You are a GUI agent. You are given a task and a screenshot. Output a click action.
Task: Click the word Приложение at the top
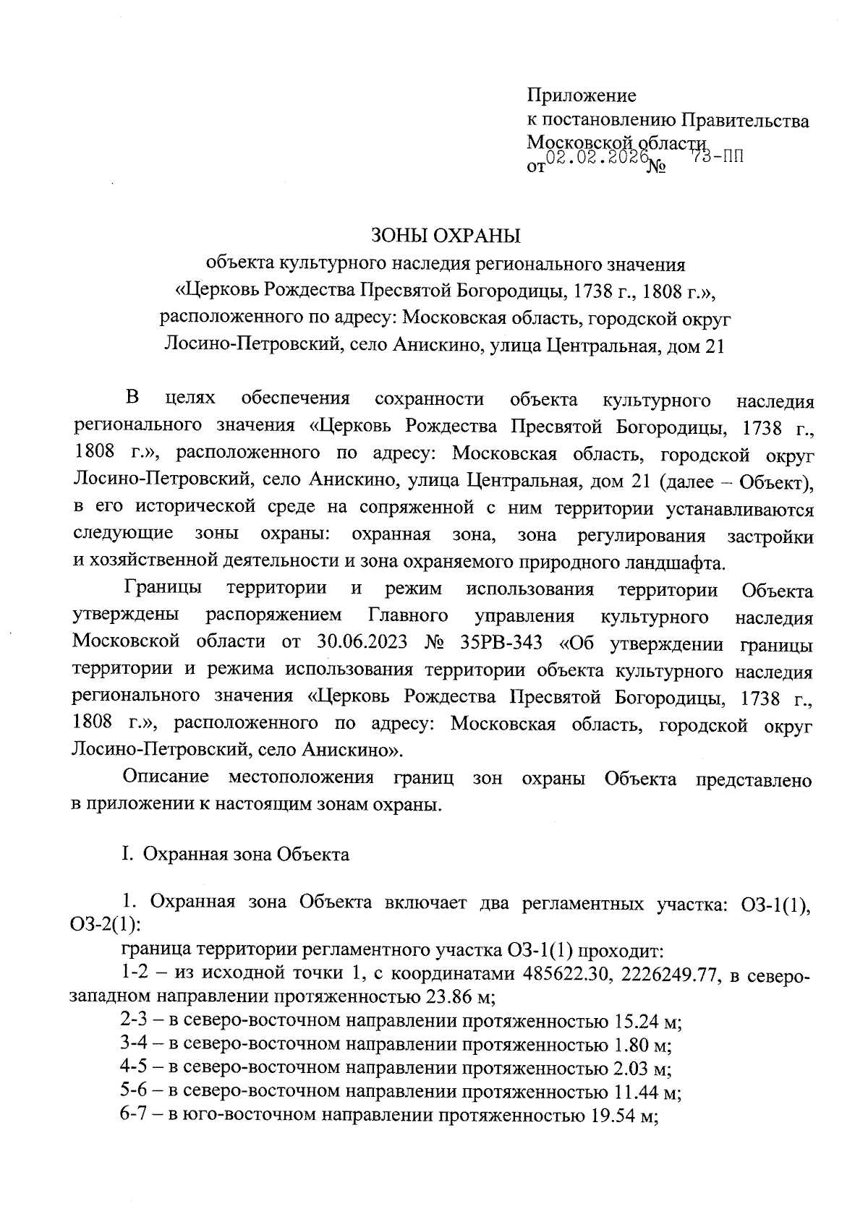coord(582,95)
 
